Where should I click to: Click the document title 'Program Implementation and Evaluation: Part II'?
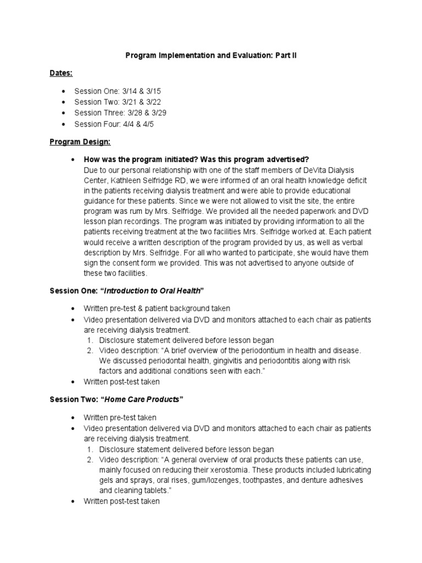[211, 56]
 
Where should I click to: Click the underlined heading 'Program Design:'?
[80, 141]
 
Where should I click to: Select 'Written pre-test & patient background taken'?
[157, 308]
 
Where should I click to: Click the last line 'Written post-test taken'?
[121, 501]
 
